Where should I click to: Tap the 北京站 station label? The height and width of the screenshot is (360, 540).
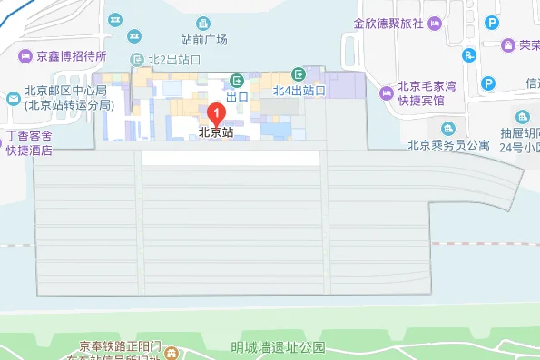[x=217, y=132]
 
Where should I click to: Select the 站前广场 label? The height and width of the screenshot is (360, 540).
[x=204, y=39]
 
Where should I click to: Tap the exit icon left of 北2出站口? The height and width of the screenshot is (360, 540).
[x=137, y=59]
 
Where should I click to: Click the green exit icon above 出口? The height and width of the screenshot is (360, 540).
[x=237, y=80]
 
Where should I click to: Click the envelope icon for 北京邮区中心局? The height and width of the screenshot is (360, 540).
[x=13, y=98]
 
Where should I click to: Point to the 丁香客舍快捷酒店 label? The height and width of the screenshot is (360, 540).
[x=29, y=143]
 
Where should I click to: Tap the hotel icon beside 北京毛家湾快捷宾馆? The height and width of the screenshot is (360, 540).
[x=387, y=92]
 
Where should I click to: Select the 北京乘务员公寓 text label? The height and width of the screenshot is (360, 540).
[x=448, y=143]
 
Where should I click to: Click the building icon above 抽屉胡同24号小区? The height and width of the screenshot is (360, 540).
[x=523, y=115]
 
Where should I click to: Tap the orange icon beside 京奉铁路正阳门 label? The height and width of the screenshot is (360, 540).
[x=166, y=354]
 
